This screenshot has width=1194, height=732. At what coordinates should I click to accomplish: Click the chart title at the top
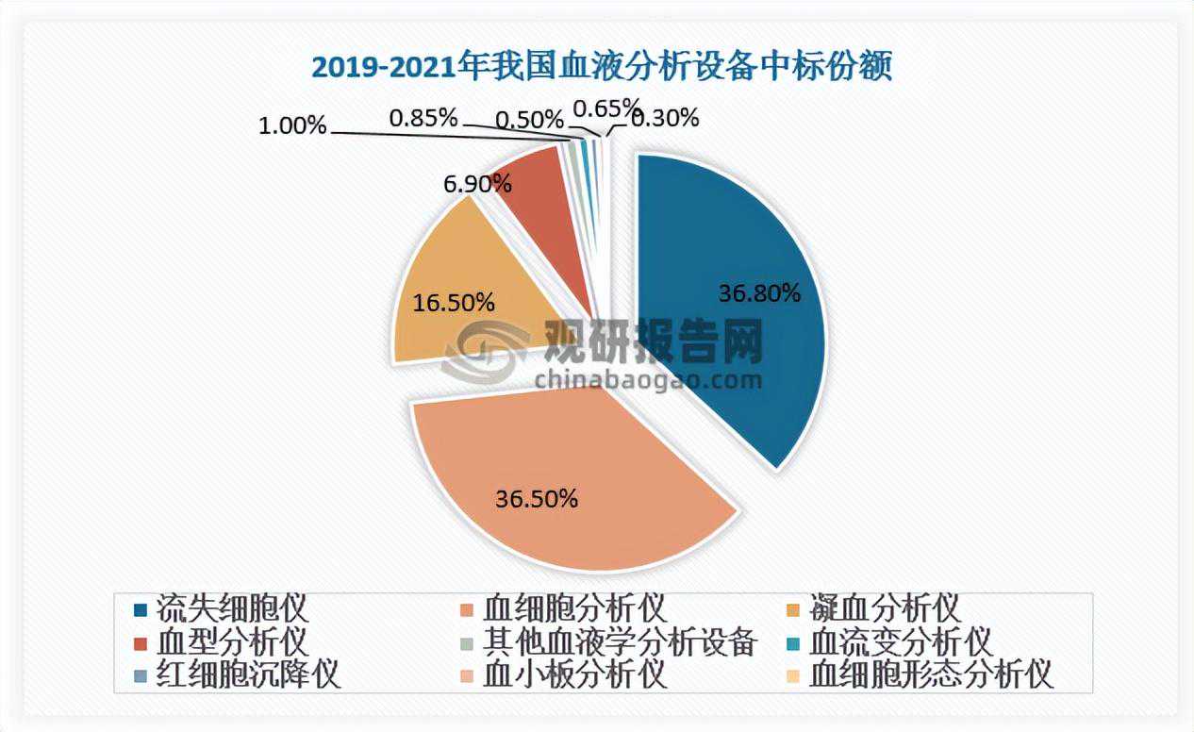(601, 68)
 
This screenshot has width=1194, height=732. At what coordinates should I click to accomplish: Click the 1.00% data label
(293, 125)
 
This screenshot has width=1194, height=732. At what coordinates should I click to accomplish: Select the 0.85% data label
(423, 118)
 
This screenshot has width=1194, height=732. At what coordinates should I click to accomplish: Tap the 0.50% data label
(529, 120)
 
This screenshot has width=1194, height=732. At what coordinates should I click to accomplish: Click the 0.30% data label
(665, 118)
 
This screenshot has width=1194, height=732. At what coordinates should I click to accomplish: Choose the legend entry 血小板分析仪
(574, 676)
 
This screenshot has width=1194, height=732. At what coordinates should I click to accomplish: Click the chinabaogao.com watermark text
(648, 380)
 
